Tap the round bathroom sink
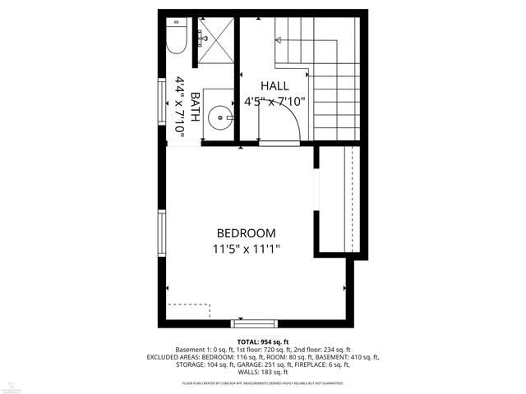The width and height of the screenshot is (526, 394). point(218,117)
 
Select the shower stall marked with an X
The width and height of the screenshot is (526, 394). point(216,37)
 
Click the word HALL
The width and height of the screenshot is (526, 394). point(275,86)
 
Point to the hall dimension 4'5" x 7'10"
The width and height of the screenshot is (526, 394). point(275,102)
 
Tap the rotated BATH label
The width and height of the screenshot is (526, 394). point(195,106)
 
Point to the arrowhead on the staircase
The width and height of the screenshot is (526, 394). point(278,39)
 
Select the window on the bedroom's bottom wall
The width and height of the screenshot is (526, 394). point(248,323)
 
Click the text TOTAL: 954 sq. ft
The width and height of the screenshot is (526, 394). point(262,341)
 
